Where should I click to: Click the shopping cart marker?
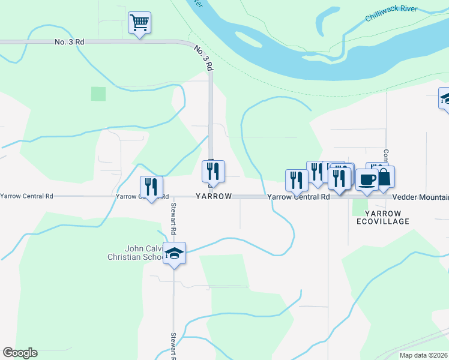139,23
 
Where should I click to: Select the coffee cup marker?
367,179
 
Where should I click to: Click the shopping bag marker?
384,178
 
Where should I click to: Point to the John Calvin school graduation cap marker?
174,253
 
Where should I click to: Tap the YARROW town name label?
213,197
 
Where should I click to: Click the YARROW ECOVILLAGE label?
382,217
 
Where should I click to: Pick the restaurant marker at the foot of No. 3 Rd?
213,172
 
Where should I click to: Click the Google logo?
20,353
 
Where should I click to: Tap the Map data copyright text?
424,355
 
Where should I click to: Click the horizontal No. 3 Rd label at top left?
69,42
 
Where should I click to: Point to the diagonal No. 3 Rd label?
203,58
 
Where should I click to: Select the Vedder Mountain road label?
421,197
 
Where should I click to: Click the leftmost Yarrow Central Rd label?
27,196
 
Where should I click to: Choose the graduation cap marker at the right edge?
445,98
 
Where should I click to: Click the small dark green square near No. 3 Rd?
98,94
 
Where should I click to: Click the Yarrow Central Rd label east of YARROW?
298,197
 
